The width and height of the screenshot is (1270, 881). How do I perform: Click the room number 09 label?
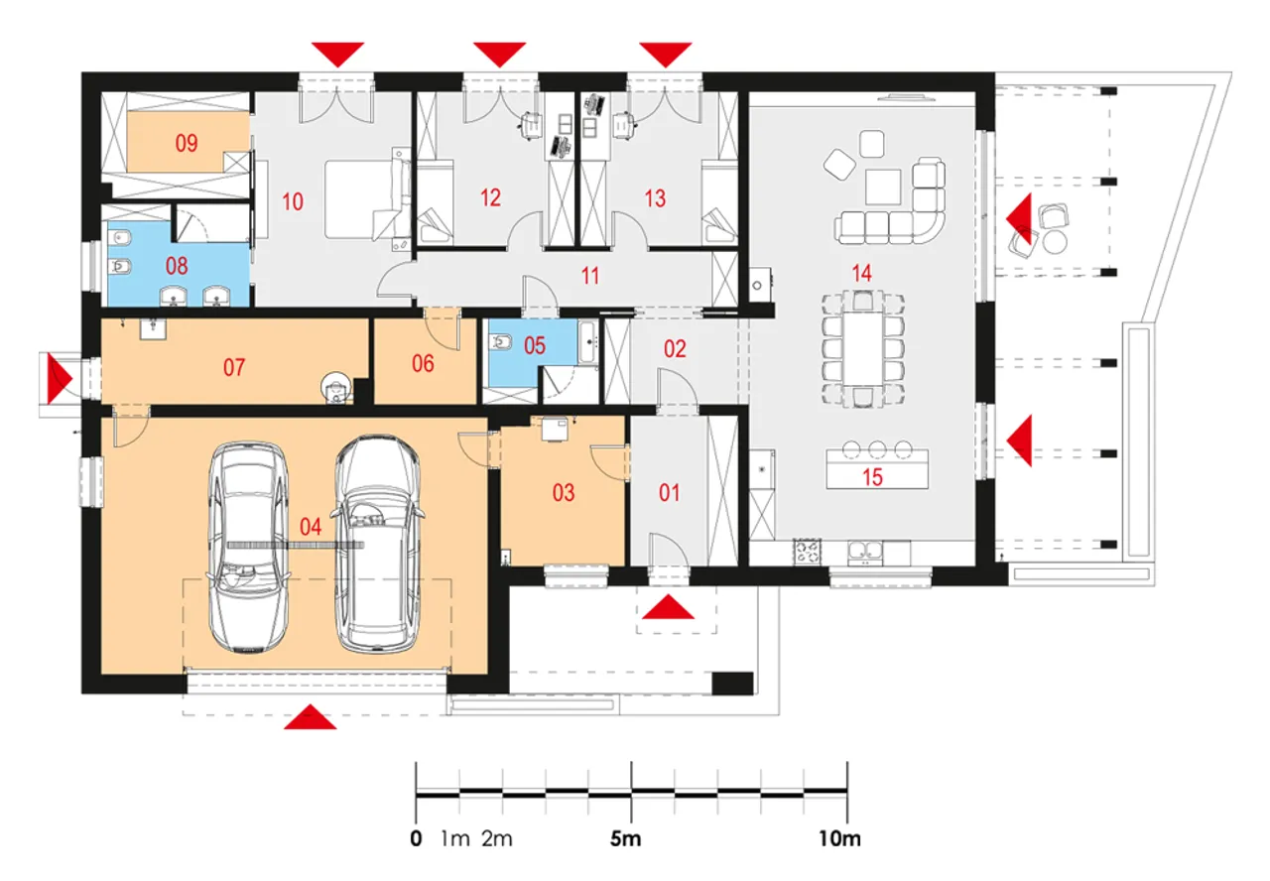tap(187, 143)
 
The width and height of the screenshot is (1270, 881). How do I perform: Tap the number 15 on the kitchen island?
tap(872, 477)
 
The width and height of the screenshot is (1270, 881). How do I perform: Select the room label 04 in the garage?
tap(311, 527)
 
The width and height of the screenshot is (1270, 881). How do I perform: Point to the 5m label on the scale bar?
tap(625, 838)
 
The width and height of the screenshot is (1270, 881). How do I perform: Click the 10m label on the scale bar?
tap(839, 838)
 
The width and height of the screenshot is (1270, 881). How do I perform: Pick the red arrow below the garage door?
tap(311, 716)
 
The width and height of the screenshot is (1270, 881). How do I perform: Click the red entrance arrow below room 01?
tap(668, 606)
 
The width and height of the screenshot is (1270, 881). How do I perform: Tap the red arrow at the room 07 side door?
tap(60, 378)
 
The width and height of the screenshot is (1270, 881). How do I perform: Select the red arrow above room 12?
tap(499, 55)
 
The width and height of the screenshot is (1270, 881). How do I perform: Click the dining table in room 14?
tap(862, 348)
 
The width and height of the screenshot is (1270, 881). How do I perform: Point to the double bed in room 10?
tap(367, 199)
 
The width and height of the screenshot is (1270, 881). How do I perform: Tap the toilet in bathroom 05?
tap(501, 342)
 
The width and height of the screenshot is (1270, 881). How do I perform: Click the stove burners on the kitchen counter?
tap(807, 551)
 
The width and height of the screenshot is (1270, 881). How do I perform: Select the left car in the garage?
tap(248, 548)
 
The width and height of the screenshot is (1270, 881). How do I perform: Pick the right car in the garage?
tap(378, 544)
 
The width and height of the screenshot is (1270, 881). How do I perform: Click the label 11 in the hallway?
tap(590, 276)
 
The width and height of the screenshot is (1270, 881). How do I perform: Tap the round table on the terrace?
tap(1055, 242)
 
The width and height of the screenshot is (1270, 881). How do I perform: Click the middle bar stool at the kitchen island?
tap(877, 449)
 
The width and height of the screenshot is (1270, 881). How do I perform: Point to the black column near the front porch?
tap(732, 684)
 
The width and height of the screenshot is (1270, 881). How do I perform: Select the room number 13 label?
tap(655, 198)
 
